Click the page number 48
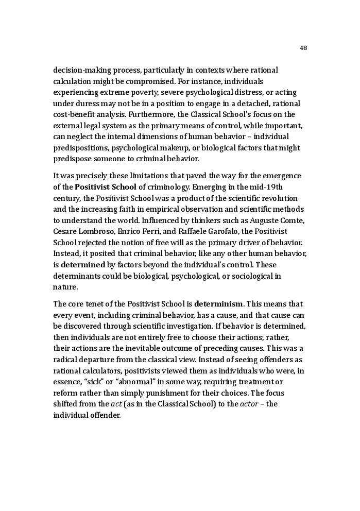point(303,48)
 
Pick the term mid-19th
point(263,187)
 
